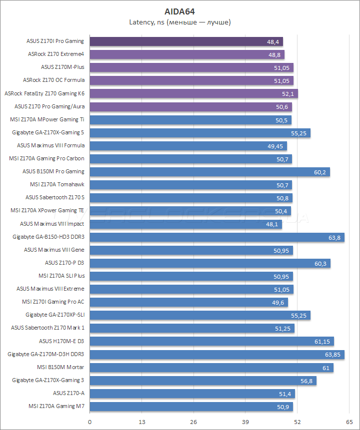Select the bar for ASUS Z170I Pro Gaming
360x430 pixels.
(186, 41)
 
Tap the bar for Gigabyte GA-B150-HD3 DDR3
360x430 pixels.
(217, 237)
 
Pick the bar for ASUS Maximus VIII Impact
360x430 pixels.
(186, 224)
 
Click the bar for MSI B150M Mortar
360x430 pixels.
(211, 368)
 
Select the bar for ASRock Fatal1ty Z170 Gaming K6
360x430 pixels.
(194, 93)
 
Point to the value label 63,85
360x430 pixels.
(333, 355)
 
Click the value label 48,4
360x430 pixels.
(273, 42)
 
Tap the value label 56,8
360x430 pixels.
(306, 381)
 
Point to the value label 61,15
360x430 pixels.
(322, 342)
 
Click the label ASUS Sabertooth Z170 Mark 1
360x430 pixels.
(47, 328)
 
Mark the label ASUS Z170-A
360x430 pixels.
(68, 393)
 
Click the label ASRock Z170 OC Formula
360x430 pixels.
(54, 80)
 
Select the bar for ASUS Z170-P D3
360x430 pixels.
(210, 263)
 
